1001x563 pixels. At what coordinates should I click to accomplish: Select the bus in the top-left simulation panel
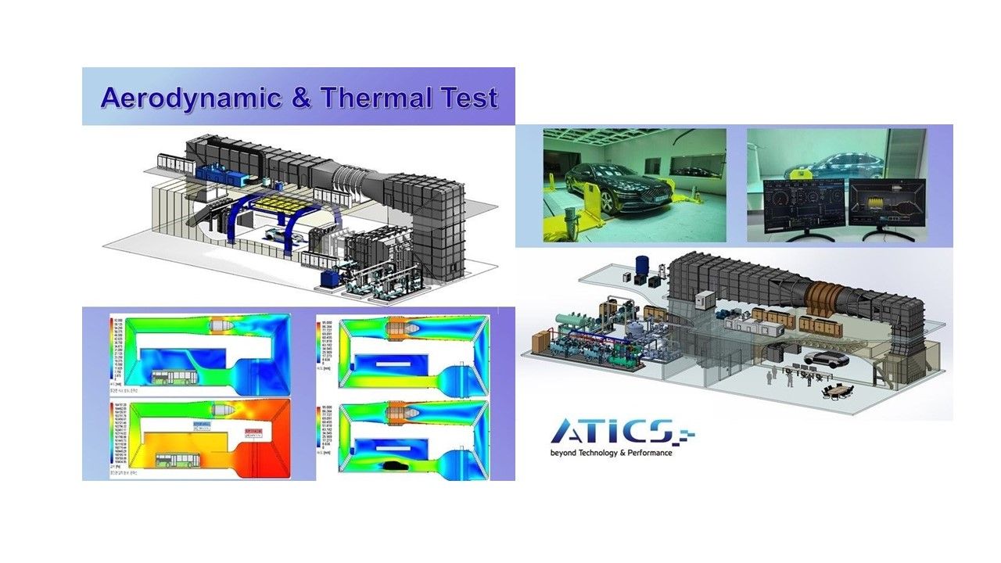[174, 379]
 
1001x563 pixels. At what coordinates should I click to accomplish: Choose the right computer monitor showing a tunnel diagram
[887, 206]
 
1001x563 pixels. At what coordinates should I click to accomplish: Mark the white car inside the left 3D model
[278, 233]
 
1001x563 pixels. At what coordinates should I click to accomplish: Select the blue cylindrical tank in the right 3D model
[643, 266]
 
